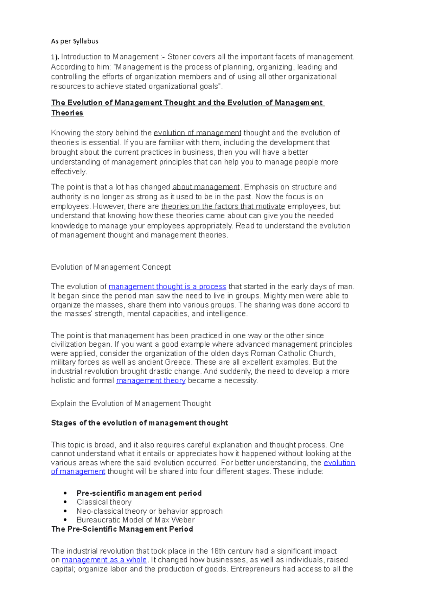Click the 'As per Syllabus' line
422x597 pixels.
click(75, 41)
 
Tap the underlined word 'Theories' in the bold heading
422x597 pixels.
click(67, 113)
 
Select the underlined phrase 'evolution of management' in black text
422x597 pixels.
click(197, 133)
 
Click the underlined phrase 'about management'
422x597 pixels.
click(206, 187)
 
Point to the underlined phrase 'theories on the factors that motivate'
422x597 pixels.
click(223, 206)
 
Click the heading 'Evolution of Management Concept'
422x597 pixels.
click(111, 267)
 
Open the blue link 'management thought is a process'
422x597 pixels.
click(167, 287)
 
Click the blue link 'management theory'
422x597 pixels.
click(151, 380)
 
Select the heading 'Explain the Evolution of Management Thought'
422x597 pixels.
click(131, 404)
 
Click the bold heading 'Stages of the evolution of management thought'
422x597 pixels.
click(139, 423)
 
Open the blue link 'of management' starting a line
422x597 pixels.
click(78, 471)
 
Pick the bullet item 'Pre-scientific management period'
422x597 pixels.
click(139, 493)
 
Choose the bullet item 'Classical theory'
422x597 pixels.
click(104, 502)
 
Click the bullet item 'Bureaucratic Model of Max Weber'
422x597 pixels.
click(135, 520)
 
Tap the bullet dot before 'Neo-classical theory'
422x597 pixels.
click(65, 511)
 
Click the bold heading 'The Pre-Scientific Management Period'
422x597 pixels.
click(122, 529)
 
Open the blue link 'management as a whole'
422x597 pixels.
click(104, 560)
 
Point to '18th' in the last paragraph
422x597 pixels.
click(218, 551)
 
